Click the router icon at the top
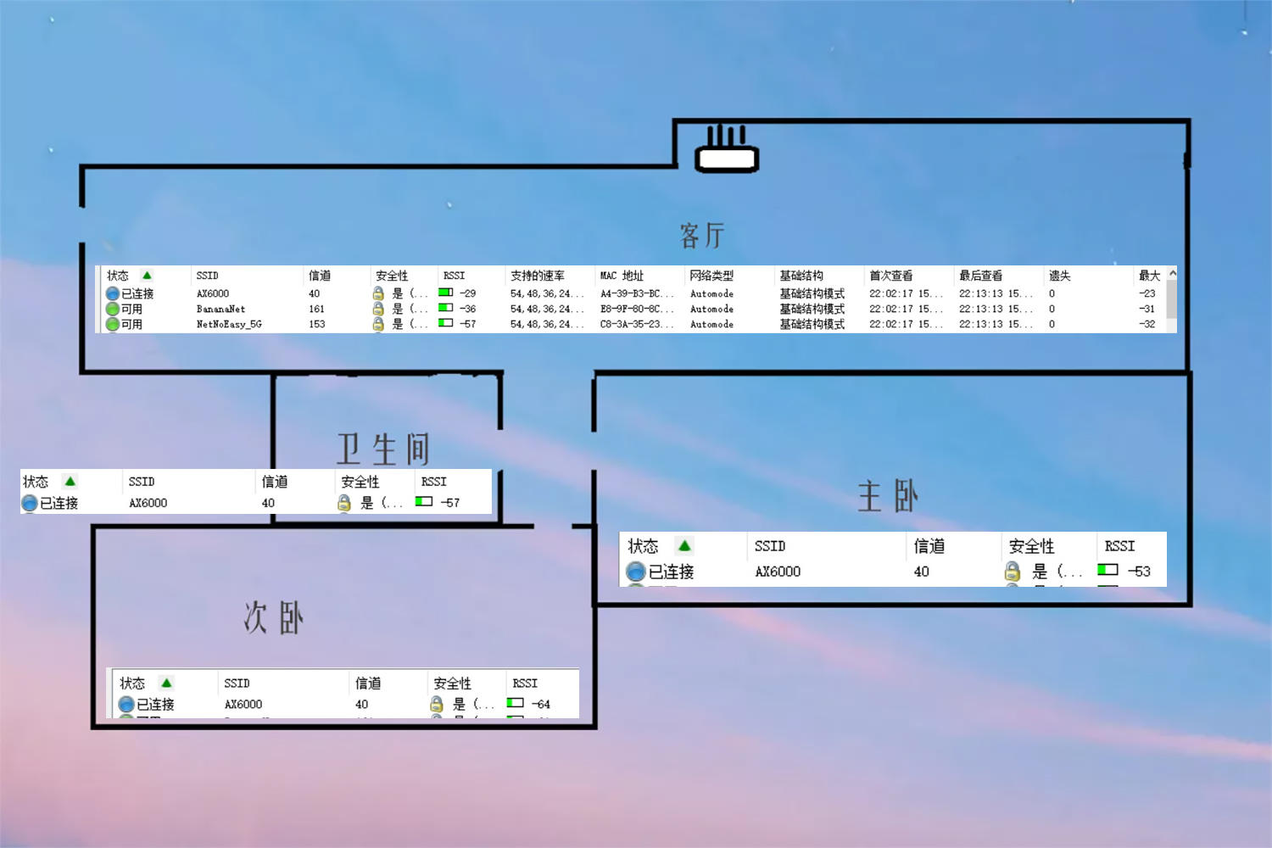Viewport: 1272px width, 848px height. [727, 151]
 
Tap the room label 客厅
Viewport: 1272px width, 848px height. [702, 235]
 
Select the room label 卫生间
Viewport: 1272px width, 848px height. [383, 449]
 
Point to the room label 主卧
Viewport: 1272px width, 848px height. [888, 496]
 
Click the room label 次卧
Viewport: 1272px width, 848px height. [273, 617]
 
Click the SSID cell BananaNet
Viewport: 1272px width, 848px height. [220, 310]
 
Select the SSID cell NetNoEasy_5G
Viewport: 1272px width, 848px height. [229, 325]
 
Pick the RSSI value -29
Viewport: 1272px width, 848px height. [467, 293]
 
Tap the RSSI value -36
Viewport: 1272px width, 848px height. [467, 310]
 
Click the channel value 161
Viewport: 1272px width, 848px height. [316, 310]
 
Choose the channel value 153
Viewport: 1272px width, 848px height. [316, 325]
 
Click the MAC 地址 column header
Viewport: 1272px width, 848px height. [622, 276]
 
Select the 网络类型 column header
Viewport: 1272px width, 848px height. [711, 276]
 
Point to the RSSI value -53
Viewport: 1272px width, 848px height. [1139, 572]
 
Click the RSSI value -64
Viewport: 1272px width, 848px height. [540, 705]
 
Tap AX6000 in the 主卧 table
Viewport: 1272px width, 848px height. [778, 572]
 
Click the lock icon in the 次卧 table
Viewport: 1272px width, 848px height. [437, 705]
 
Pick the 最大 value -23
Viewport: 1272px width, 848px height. [1146, 293]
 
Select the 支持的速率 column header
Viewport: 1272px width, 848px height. [537, 276]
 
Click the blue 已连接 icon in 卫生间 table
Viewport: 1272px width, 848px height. [30, 503]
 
